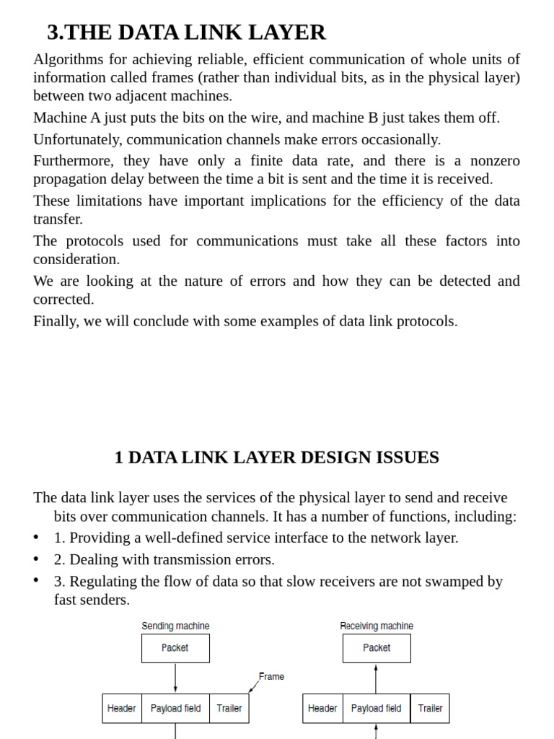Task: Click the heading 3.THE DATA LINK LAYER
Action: [x=186, y=32]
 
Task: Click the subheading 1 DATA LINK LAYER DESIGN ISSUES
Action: [x=276, y=458]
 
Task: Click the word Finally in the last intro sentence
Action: [x=56, y=321]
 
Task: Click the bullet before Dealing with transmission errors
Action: [x=37, y=560]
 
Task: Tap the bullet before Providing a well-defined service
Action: [x=37, y=538]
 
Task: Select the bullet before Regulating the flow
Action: [x=37, y=582]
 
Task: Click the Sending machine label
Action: [x=175, y=626]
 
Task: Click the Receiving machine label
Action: [x=377, y=626]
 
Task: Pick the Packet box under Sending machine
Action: [x=175, y=648]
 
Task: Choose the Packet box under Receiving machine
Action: [x=377, y=648]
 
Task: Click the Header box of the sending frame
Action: [x=122, y=709]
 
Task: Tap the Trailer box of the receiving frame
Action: [x=430, y=709]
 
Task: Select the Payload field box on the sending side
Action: [x=175, y=709]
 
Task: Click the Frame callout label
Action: [x=271, y=677]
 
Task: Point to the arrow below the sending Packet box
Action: [x=175, y=678]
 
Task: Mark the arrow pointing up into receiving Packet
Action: [x=377, y=678]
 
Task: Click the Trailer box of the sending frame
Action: [x=229, y=709]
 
